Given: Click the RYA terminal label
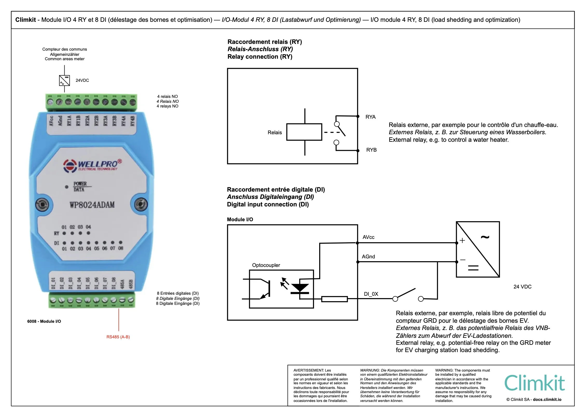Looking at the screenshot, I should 370,117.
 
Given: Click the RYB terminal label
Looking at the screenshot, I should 371,150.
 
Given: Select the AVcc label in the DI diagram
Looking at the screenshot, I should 368,237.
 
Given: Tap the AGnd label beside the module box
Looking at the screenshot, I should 368,257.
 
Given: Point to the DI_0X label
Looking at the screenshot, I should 371,294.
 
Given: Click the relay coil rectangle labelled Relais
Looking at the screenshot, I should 304,132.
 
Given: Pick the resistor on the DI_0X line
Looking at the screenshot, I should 334,299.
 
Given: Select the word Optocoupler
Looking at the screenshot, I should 266,265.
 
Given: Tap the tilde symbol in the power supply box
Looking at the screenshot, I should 485,237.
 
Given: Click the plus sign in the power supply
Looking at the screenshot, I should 462,240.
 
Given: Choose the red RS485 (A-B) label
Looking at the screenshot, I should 118,337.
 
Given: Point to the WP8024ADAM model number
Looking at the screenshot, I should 92,205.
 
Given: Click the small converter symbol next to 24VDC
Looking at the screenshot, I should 64,80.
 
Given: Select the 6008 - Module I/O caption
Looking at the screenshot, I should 44,321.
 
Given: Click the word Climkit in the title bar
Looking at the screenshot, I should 25,20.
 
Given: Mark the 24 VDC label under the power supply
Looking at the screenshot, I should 522,287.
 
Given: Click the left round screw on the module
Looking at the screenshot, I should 42,205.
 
